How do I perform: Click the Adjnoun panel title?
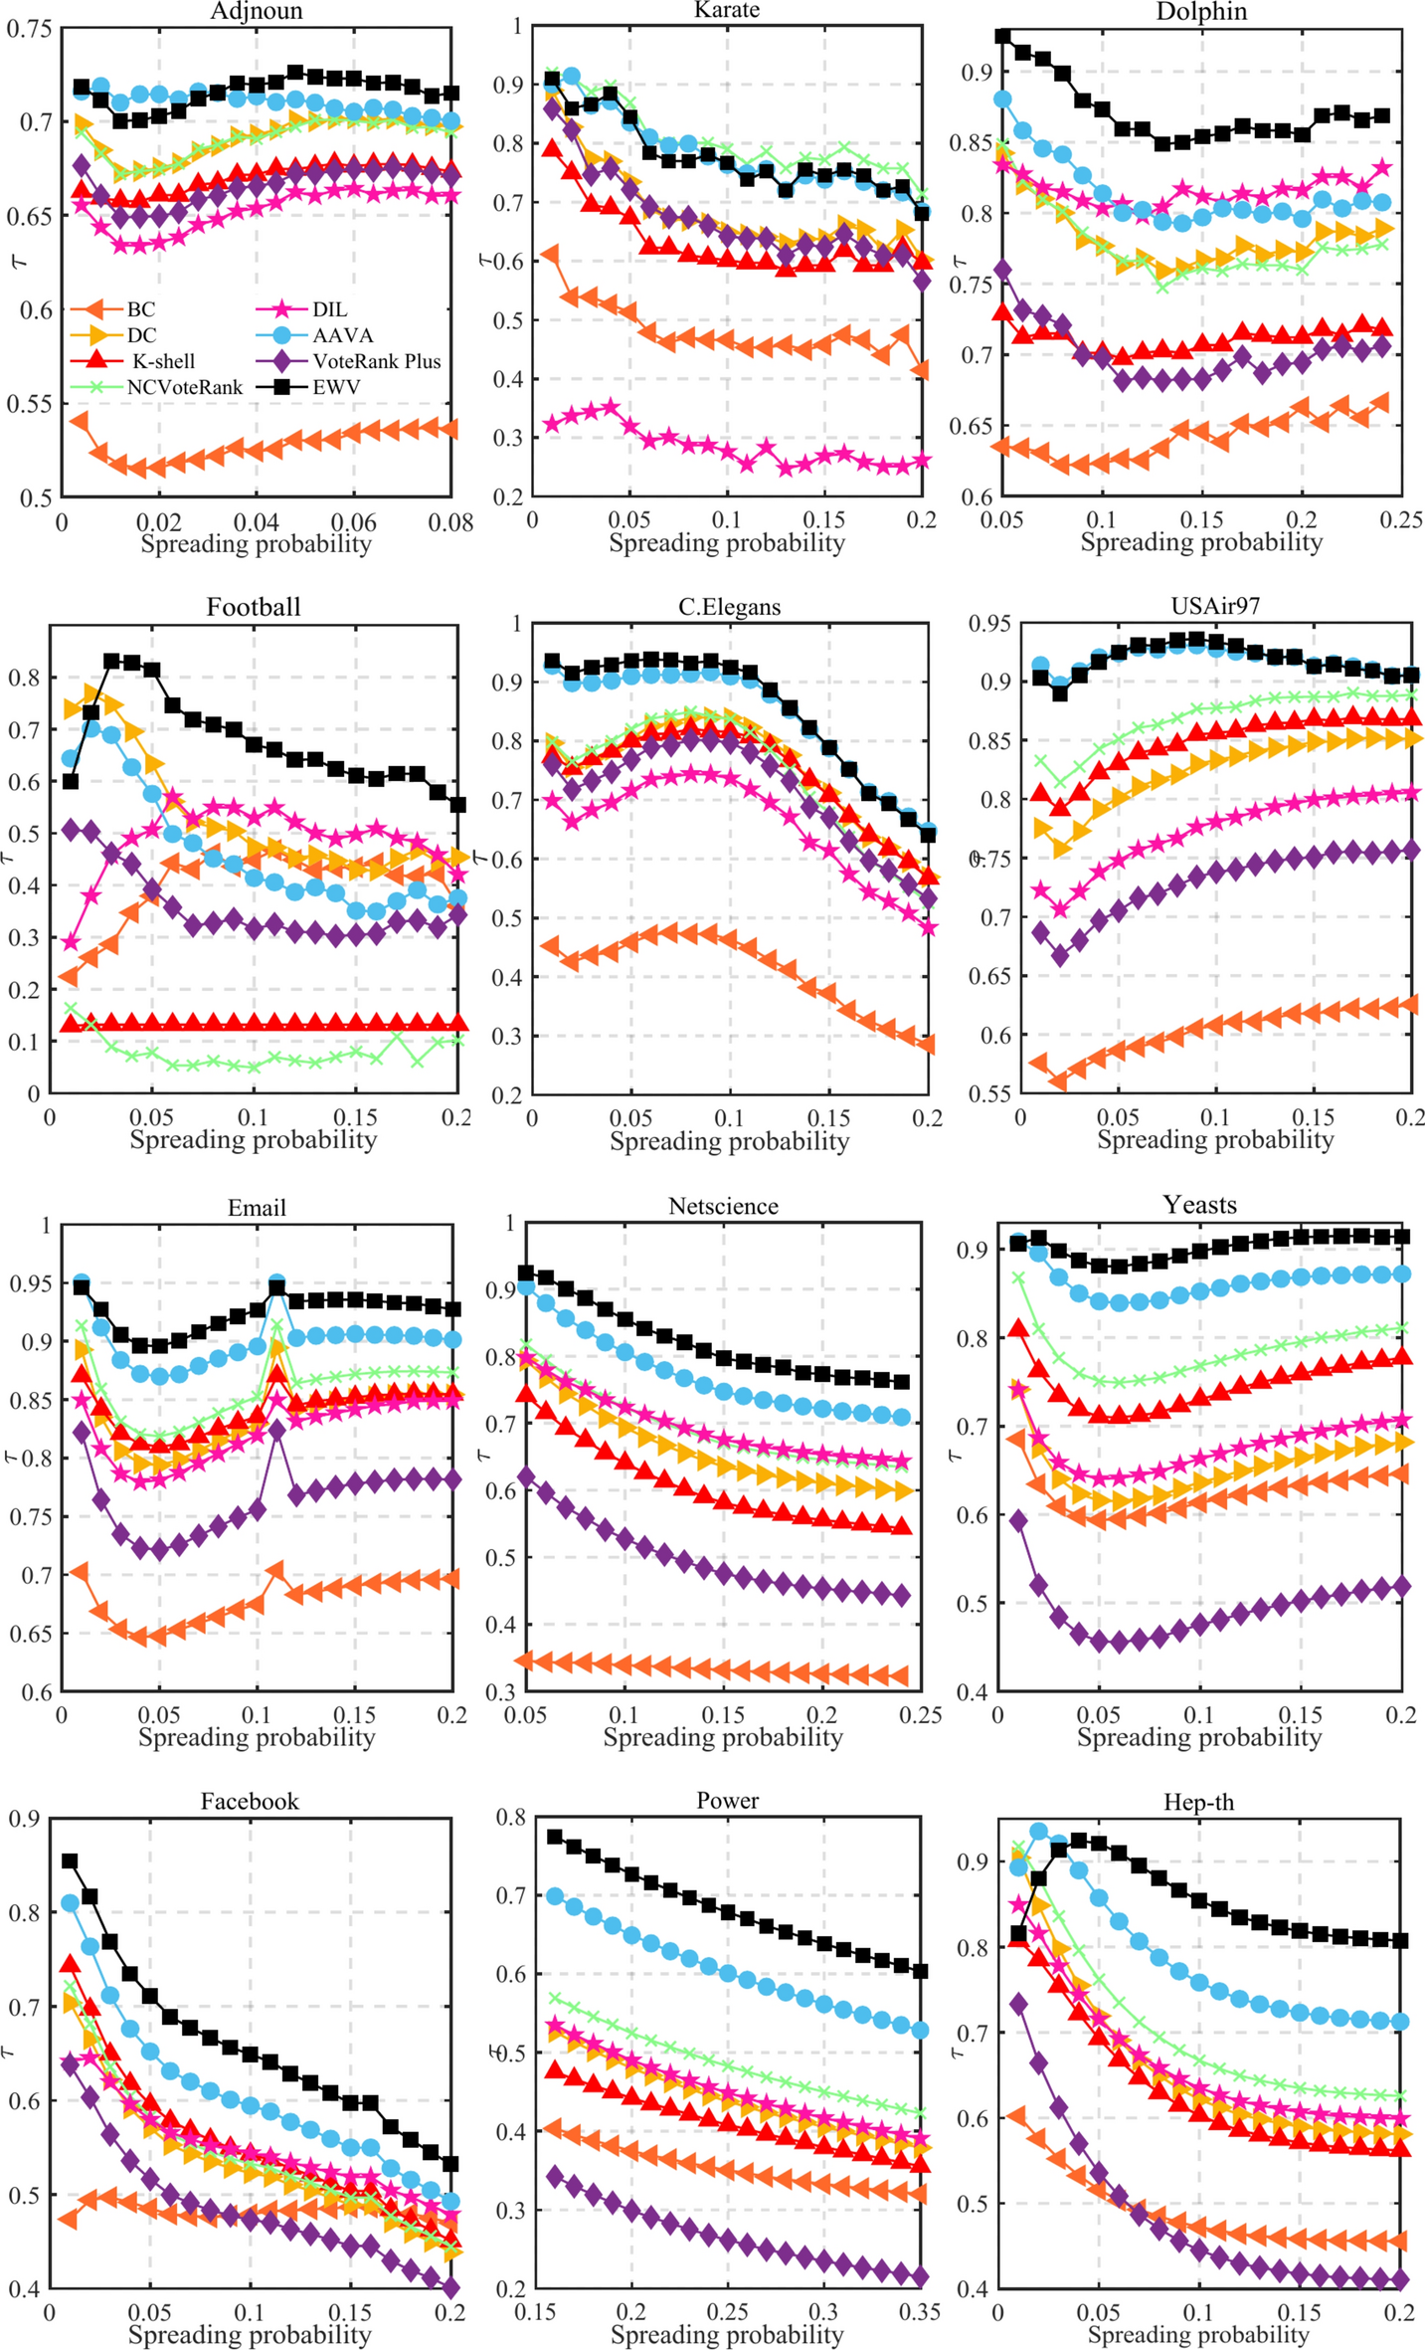pos(257,12)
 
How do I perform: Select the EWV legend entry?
pos(336,388)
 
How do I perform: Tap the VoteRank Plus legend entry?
pos(376,362)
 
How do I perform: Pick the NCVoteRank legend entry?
pos(184,388)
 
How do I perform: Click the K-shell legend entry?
pos(163,362)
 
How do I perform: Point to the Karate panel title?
pos(727,10)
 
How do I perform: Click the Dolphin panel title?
pos(1201,12)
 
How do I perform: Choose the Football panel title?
pos(254,608)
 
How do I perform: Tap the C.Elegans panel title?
pos(729,608)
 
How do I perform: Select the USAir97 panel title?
pos(1215,606)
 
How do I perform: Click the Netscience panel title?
pos(723,1207)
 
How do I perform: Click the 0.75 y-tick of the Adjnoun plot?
pos(30,29)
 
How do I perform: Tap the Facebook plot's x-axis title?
pos(250,2334)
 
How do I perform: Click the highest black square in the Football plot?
pos(112,662)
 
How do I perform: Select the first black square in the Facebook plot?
pos(70,1861)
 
